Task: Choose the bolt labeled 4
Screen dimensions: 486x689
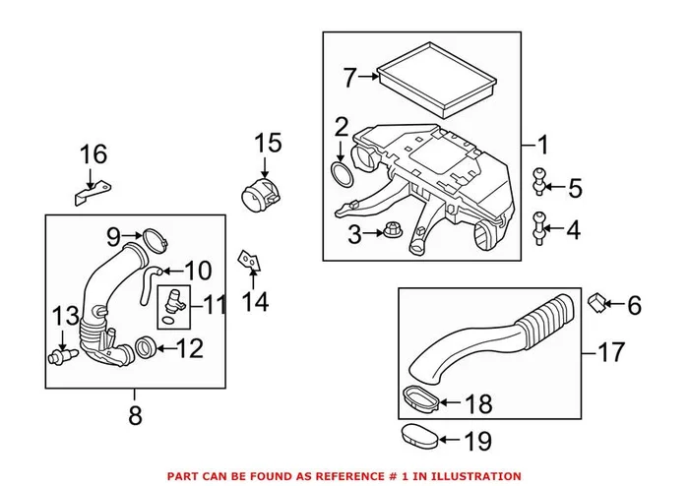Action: [540, 228]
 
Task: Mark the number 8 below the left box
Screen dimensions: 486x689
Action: [134, 415]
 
